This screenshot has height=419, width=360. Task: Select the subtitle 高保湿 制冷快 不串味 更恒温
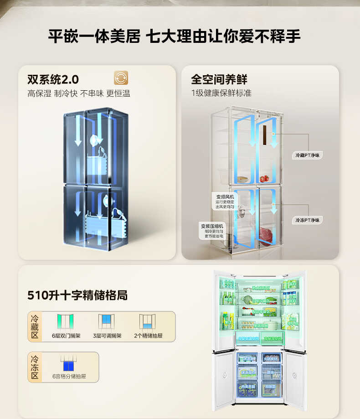click(x=79, y=94)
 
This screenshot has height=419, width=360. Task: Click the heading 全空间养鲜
click(x=219, y=79)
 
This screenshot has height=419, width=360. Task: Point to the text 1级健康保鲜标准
click(x=221, y=93)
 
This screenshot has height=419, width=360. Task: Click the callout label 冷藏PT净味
click(x=308, y=155)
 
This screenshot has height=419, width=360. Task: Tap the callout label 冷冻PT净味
click(x=308, y=220)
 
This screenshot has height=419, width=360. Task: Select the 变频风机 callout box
click(x=225, y=202)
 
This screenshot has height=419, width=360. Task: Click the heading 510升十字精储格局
click(x=77, y=295)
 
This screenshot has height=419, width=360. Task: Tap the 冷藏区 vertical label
click(x=35, y=326)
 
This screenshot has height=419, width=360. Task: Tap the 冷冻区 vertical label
click(x=35, y=367)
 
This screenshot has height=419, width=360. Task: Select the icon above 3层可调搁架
click(x=107, y=322)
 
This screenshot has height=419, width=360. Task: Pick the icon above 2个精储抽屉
click(x=148, y=322)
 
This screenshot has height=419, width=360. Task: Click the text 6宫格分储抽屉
click(x=69, y=377)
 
